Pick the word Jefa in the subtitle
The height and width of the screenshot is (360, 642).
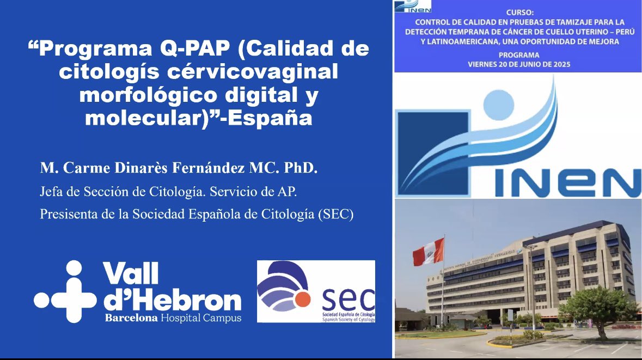tap(51, 192)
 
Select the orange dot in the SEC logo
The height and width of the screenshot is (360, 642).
tap(303, 300)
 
